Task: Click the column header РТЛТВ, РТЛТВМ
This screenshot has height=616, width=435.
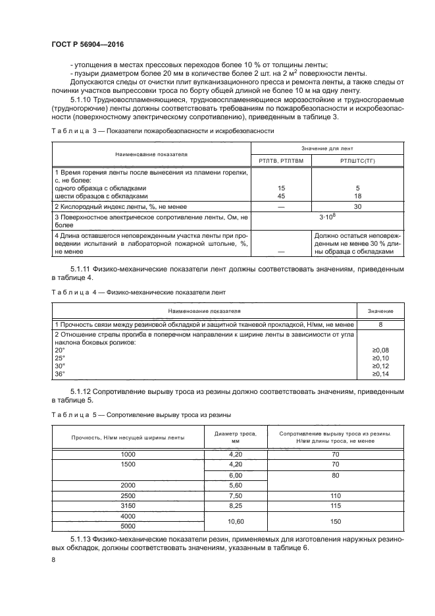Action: click(281, 159)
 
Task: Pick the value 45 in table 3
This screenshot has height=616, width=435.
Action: click(282, 196)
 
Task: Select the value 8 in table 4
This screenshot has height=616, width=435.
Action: click(381, 324)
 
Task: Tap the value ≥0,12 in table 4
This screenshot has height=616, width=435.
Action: click(381, 366)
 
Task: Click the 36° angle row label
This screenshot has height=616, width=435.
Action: click(60, 374)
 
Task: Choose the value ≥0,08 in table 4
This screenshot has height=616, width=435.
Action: click(381, 350)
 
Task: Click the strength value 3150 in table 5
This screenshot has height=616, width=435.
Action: click(128, 505)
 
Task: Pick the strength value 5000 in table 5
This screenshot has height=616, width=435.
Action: click(128, 526)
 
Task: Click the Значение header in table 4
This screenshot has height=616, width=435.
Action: click(381, 310)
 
